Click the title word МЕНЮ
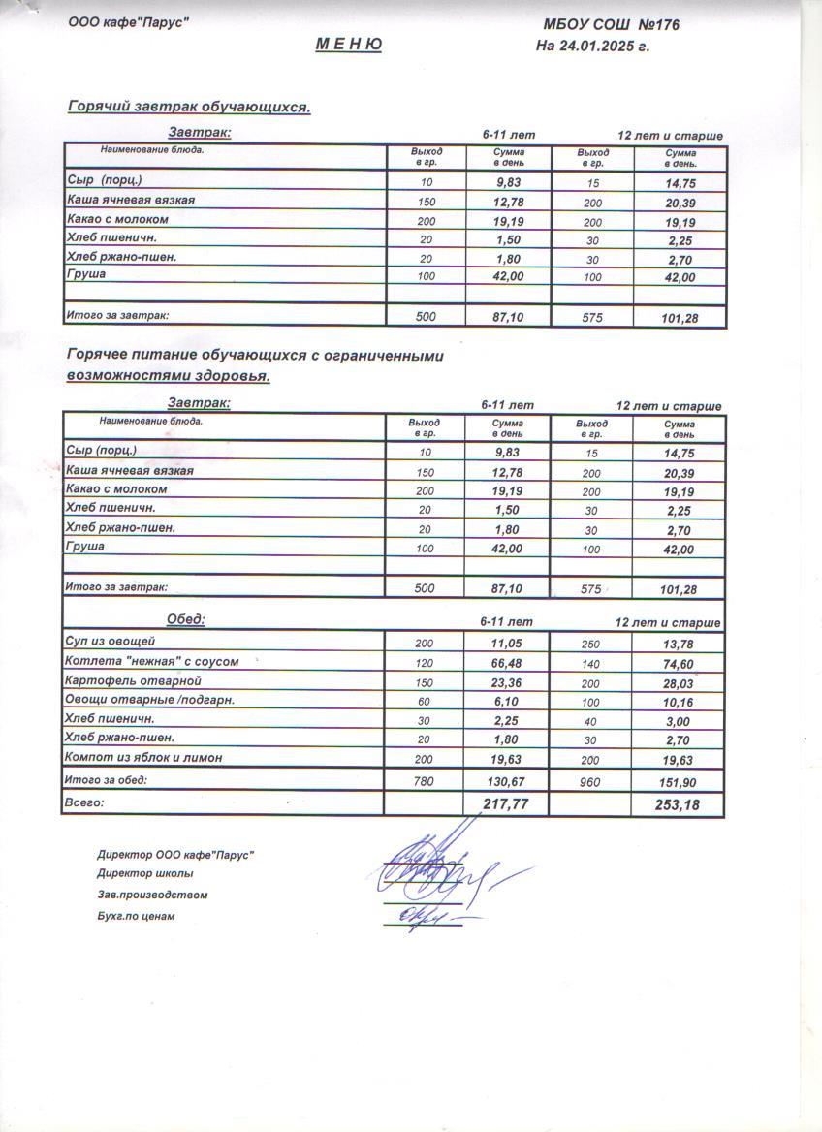coord(348,45)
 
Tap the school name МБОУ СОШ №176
coord(611,24)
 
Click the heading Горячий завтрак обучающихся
coord(188,107)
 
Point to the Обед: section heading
coord(186,619)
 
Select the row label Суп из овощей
coord(110,642)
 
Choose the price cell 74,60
coord(678,663)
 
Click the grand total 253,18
coord(678,804)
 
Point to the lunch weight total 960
coord(589,781)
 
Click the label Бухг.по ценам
coord(136,916)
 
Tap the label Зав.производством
coord(152,895)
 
